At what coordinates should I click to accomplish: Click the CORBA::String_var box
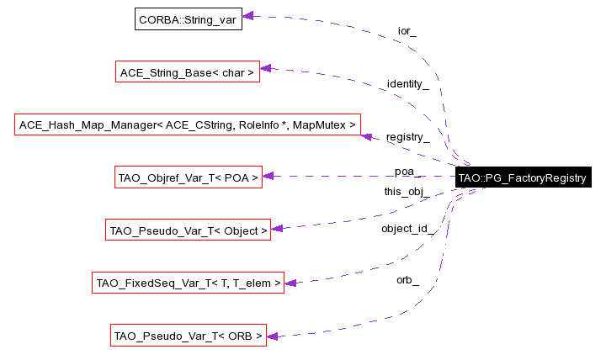pyautogui.click(x=189, y=19)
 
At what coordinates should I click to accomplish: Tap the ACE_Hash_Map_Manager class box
pyautogui.click(x=188, y=125)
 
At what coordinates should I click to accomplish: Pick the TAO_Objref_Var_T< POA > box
pyautogui.click(x=189, y=177)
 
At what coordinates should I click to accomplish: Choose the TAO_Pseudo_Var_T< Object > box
pyautogui.click(x=188, y=230)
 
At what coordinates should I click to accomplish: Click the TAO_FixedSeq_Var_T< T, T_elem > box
pyautogui.click(x=188, y=283)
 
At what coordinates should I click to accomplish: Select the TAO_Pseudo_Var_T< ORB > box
pyautogui.click(x=189, y=336)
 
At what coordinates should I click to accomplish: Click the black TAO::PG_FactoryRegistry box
pyautogui.click(x=521, y=177)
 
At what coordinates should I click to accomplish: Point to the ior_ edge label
pyautogui.click(x=407, y=32)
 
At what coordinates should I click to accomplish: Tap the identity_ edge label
pyautogui.click(x=407, y=84)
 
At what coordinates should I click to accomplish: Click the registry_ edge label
pyautogui.click(x=407, y=137)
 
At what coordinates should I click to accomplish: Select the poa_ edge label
pyautogui.click(x=407, y=172)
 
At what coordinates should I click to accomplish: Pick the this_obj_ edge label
pyautogui.click(x=407, y=192)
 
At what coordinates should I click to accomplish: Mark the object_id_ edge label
pyautogui.click(x=407, y=229)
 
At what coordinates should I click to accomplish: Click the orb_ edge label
pyautogui.click(x=407, y=279)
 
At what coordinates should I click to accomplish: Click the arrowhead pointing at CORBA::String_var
pyautogui.click(x=248, y=16)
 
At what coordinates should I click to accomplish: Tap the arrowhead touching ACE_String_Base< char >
pyautogui.click(x=264, y=69)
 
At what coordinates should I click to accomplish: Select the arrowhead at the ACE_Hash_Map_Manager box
pyautogui.click(x=366, y=135)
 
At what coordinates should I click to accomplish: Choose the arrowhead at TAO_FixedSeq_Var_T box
pyautogui.click(x=290, y=283)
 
